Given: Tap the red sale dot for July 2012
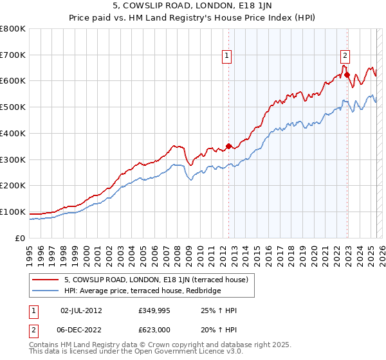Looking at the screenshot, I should point(228,147).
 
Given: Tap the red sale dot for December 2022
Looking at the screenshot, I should point(347,75).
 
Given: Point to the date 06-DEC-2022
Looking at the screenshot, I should point(81,330).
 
